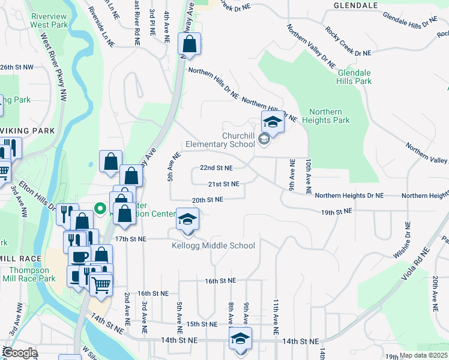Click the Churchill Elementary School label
220,140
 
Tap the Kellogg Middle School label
213,245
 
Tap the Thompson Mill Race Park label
29,274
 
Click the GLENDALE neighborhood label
356,5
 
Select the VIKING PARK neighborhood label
28,130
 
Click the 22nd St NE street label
216,168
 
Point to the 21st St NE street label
223,184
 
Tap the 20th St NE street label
207,199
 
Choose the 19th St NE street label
336,212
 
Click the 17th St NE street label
130,239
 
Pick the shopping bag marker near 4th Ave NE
189,44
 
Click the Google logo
20,353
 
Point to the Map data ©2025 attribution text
424,355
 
